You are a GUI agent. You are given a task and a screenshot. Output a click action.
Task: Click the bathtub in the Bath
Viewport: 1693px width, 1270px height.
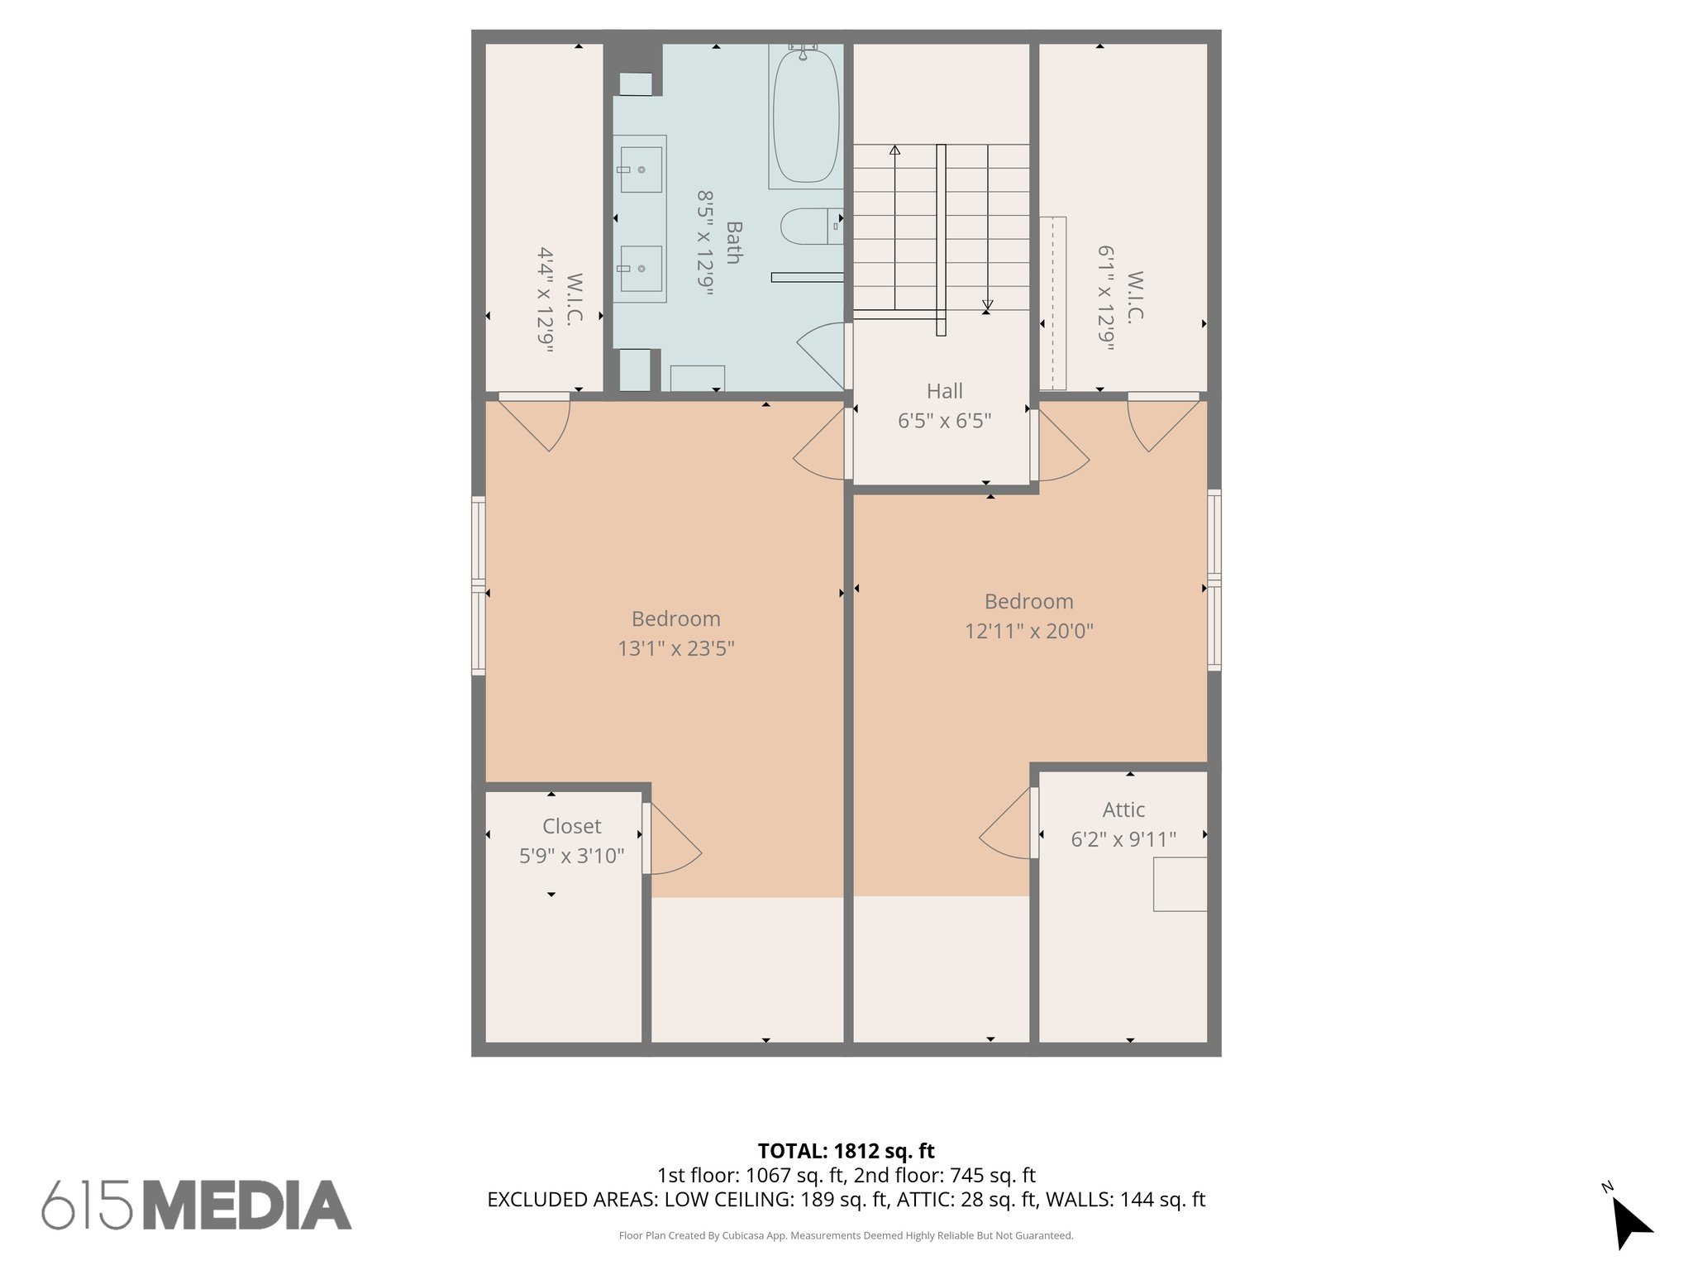[x=805, y=116]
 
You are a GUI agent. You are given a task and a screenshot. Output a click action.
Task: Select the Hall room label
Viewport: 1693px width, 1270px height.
[x=944, y=391]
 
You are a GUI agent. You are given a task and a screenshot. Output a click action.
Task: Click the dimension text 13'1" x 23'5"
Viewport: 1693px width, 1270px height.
[x=676, y=648]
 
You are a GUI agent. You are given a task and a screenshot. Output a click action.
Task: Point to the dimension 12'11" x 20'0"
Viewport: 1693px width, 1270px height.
[x=1028, y=631]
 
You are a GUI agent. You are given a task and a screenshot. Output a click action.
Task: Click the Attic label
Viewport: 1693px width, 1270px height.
[x=1123, y=809]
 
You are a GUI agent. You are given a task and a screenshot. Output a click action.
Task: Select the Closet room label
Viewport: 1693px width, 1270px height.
[x=571, y=826]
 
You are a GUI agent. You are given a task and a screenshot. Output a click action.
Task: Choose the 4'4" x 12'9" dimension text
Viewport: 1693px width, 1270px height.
[x=546, y=300]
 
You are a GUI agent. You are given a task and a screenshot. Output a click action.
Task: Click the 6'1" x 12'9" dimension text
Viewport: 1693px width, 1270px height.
[x=1106, y=298]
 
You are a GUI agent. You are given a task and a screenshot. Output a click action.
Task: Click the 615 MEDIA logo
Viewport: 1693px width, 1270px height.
[x=197, y=1205]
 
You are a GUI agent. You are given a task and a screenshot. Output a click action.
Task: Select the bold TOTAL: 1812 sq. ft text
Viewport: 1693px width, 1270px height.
[x=846, y=1151]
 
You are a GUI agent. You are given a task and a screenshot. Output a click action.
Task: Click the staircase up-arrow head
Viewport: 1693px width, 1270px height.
[x=894, y=150]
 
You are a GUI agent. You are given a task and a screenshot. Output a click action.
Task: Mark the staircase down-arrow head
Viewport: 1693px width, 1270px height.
[x=987, y=307]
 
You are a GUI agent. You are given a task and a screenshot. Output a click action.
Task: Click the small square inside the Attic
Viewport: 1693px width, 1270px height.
[x=1180, y=884]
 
